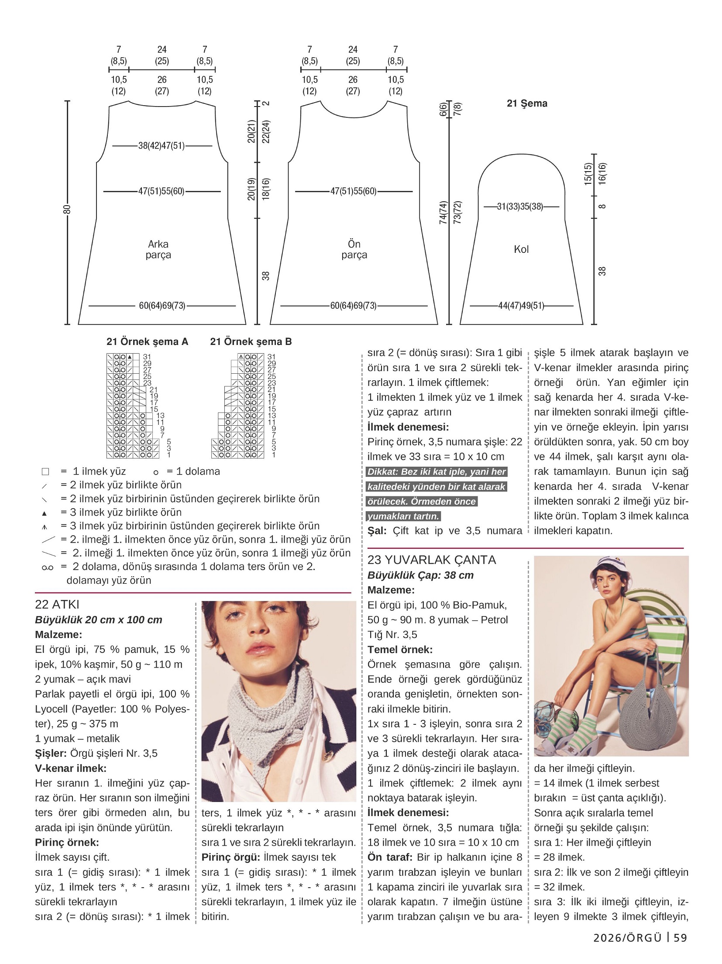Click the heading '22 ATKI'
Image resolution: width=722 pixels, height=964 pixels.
[x=57, y=604]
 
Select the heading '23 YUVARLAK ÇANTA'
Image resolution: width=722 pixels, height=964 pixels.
[x=431, y=560]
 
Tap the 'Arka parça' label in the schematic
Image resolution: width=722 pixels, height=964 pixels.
[x=158, y=249]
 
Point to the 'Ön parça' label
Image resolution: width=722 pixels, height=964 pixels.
[x=354, y=249]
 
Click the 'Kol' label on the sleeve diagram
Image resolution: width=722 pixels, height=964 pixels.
[x=521, y=249]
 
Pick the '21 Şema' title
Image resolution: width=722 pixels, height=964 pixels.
[x=527, y=103]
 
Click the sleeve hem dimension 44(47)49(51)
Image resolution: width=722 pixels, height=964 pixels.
[x=521, y=306]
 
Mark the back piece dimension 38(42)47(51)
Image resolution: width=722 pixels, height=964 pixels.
[x=162, y=146]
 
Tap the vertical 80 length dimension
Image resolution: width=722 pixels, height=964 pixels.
[x=67, y=209]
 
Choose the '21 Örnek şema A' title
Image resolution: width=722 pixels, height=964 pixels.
[x=147, y=341]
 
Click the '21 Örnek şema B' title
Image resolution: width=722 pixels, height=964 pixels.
[x=251, y=341]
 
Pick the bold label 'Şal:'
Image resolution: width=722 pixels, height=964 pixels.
[x=377, y=531]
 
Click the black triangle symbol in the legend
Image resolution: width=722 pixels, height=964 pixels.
[x=45, y=513]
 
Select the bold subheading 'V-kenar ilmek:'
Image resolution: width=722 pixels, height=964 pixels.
[x=71, y=768]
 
